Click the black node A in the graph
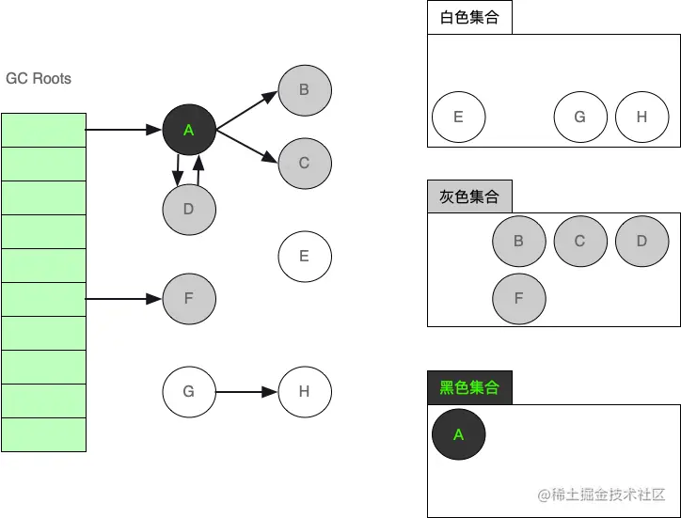(189, 130)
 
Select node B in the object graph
(304, 90)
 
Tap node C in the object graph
(304, 163)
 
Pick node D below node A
(189, 209)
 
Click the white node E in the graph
(304, 256)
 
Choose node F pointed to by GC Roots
(189, 299)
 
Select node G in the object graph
(189, 391)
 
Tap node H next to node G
(304, 391)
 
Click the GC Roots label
(39, 78)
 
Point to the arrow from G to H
(246, 391)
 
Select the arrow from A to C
(246, 146)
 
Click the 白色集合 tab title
(469, 18)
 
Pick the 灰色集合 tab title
(469, 197)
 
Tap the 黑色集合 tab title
(469, 387)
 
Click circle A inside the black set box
(459, 434)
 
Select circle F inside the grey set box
(519, 299)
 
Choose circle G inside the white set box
(579, 118)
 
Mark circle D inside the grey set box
(641, 241)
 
